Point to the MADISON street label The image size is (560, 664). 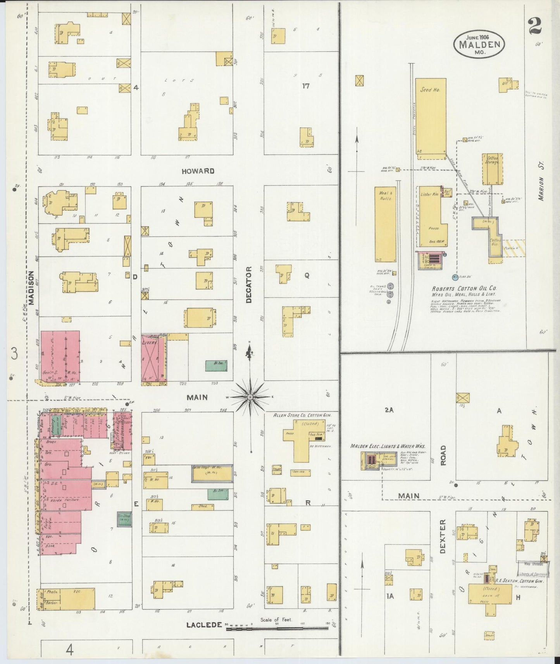pos(31,287)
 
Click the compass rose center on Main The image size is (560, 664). pos(250,397)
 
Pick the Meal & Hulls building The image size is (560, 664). pos(385,225)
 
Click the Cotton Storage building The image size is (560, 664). pos(493,169)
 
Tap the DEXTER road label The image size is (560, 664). pos(443,536)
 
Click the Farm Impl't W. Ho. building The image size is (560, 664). pos(212,473)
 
